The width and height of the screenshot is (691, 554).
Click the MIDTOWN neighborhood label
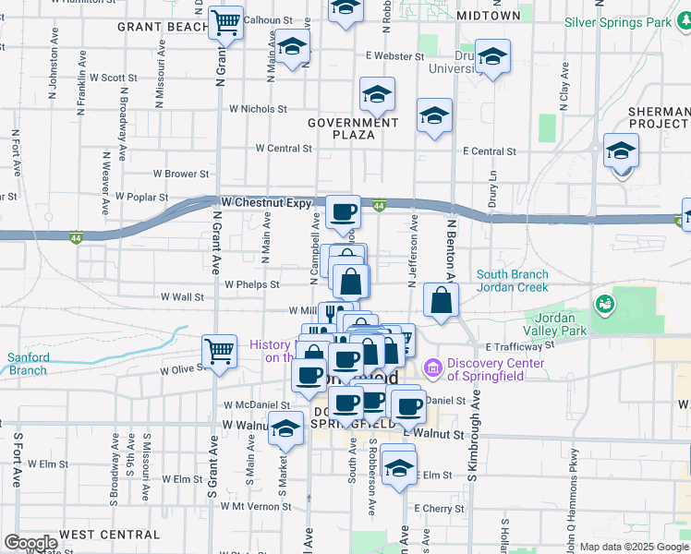pos(489,16)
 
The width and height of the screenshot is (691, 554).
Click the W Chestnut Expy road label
pos(267,201)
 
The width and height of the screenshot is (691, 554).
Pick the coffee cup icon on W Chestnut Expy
pos(343,211)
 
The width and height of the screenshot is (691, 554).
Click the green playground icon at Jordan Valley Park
pos(604,302)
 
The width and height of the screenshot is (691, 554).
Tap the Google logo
pos(30,543)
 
